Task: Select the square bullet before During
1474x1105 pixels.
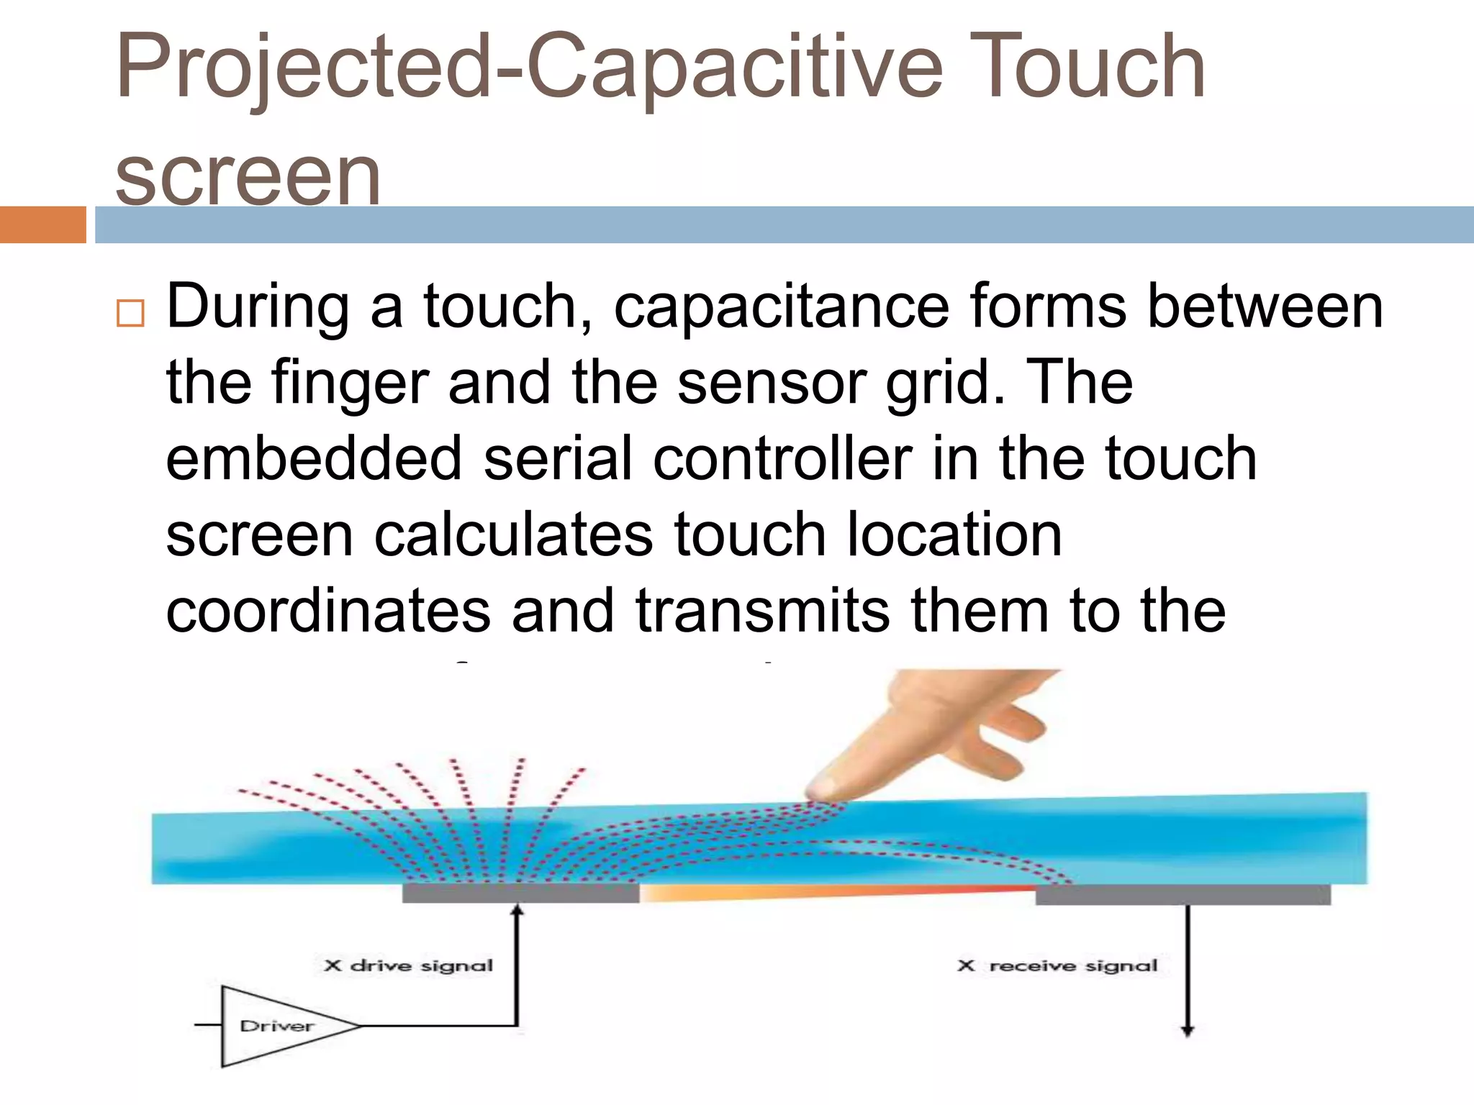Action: click(x=130, y=314)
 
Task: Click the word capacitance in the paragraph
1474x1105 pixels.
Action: click(x=781, y=307)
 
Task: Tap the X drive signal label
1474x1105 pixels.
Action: click(x=408, y=965)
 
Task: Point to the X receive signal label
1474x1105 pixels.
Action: click(x=1057, y=965)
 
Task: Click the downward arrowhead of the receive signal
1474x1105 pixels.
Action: click(x=1188, y=1030)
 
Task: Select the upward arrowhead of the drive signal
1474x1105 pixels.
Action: click(x=517, y=911)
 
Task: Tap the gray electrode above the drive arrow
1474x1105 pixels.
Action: click(x=520, y=893)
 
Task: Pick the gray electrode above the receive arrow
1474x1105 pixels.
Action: click(x=1183, y=894)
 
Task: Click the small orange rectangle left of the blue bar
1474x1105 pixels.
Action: click(x=42, y=224)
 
